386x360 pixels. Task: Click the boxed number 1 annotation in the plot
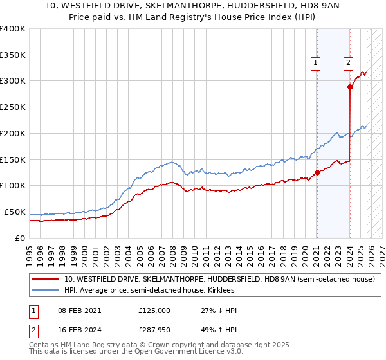coord(316,62)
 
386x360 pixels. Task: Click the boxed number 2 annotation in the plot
coord(348,62)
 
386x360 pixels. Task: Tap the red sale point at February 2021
coord(317,172)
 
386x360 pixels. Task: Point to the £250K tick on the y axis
coord(13,107)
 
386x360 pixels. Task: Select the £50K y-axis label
coord(15,212)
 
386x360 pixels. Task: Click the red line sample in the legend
coord(44,280)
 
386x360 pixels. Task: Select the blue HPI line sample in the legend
coord(44,291)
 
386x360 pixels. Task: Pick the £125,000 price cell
coord(154,310)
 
